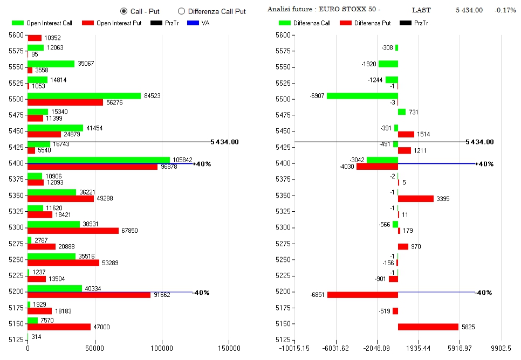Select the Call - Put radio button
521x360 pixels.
point(124,11)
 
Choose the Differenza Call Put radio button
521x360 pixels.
point(181,11)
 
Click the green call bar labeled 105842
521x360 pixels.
point(99,160)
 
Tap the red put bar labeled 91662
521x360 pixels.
point(89,295)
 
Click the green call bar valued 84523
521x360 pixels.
point(84,96)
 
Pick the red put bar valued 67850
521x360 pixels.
point(73,231)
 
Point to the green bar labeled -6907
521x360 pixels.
point(362,96)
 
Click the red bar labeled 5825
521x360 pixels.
point(428,327)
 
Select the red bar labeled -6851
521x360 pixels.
point(362,295)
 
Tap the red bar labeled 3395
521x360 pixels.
point(416,199)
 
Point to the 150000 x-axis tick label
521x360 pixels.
point(229,349)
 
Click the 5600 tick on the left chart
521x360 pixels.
point(16,35)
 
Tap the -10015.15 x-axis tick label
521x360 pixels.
point(294,349)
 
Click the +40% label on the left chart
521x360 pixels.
point(202,164)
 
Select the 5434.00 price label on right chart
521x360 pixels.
point(479,142)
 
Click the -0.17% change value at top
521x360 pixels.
point(505,10)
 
